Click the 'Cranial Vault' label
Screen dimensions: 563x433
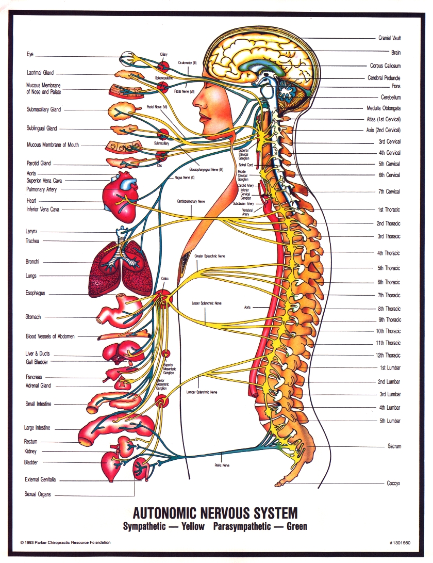point(389,38)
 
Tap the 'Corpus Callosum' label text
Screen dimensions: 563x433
point(385,66)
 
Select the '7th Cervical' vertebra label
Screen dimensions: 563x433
point(389,192)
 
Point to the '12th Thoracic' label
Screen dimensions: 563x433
point(388,356)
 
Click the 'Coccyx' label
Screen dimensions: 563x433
point(393,484)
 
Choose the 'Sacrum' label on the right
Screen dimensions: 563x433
point(394,446)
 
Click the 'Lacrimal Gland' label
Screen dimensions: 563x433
point(40,73)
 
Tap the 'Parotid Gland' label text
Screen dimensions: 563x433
point(39,164)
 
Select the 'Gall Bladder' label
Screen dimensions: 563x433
point(37,362)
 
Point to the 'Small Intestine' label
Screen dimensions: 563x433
point(38,404)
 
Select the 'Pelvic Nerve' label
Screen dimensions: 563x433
point(222,465)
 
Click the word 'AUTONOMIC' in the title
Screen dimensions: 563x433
point(170,513)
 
